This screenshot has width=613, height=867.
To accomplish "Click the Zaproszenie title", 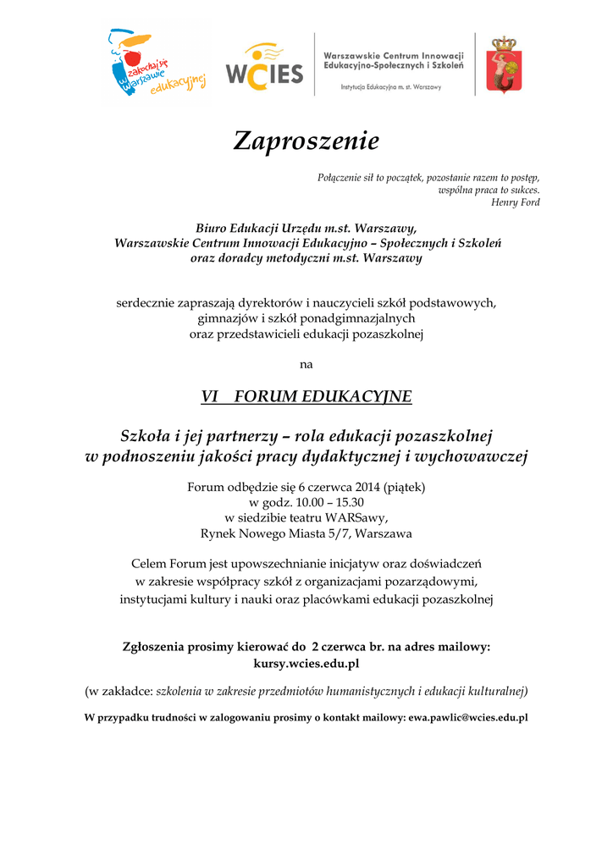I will tap(306, 141).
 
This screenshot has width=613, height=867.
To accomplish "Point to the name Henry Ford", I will tap(516, 202).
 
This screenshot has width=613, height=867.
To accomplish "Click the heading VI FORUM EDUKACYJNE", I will tap(306, 396).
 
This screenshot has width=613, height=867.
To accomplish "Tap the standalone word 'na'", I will tap(306, 365).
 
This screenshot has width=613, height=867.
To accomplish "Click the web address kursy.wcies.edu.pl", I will tap(306, 663).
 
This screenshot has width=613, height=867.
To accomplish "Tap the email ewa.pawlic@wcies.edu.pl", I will tap(468, 718).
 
